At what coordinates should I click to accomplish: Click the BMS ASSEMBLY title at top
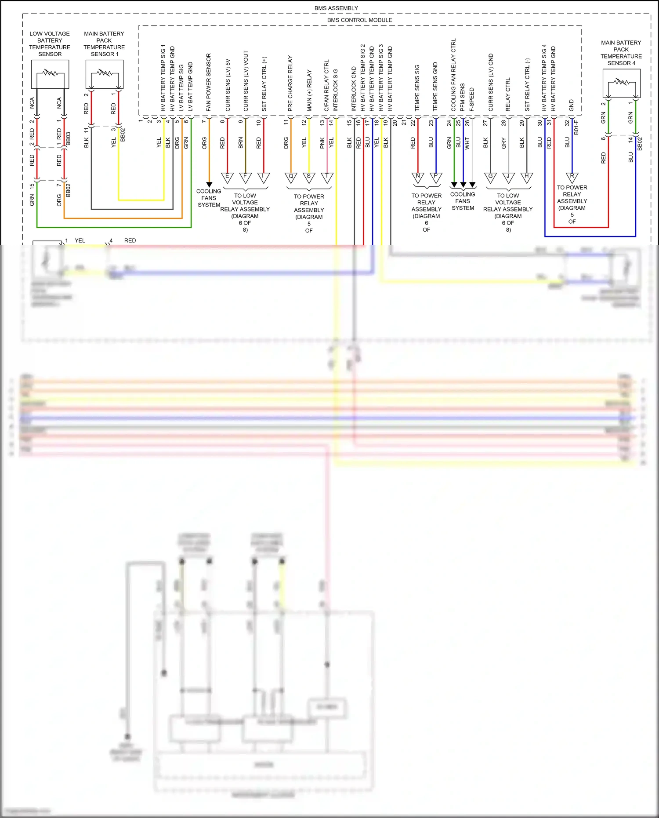[x=336, y=8]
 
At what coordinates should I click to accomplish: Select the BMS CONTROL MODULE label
[x=359, y=20]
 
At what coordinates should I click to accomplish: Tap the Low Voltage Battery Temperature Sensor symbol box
[x=50, y=74]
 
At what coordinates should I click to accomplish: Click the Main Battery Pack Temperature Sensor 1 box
[x=105, y=74]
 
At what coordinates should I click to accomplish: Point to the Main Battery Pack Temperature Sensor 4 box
[x=621, y=84]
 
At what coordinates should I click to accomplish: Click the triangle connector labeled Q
[x=291, y=177]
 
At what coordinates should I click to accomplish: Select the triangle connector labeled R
[x=572, y=177]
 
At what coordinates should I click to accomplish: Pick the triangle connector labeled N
[x=418, y=177]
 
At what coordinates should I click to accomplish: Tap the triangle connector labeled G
[x=490, y=177]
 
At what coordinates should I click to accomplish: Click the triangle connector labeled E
[x=227, y=177]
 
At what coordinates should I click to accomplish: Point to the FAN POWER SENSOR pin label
[x=209, y=82]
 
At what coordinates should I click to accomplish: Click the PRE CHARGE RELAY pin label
[x=290, y=83]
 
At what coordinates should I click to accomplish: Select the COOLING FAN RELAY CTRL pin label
[x=454, y=75]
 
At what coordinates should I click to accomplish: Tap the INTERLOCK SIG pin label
[x=336, y=90]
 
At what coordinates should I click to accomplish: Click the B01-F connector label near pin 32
[x=576, y=127]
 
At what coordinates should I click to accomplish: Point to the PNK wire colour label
[x=322, y=142]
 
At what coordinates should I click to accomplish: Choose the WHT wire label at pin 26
[x=467, y=143]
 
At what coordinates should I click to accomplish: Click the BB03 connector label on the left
[x=68, y=138]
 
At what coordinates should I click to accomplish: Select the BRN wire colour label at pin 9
[x=241, y=142]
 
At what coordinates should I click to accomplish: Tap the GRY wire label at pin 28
[x=503, y=142]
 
